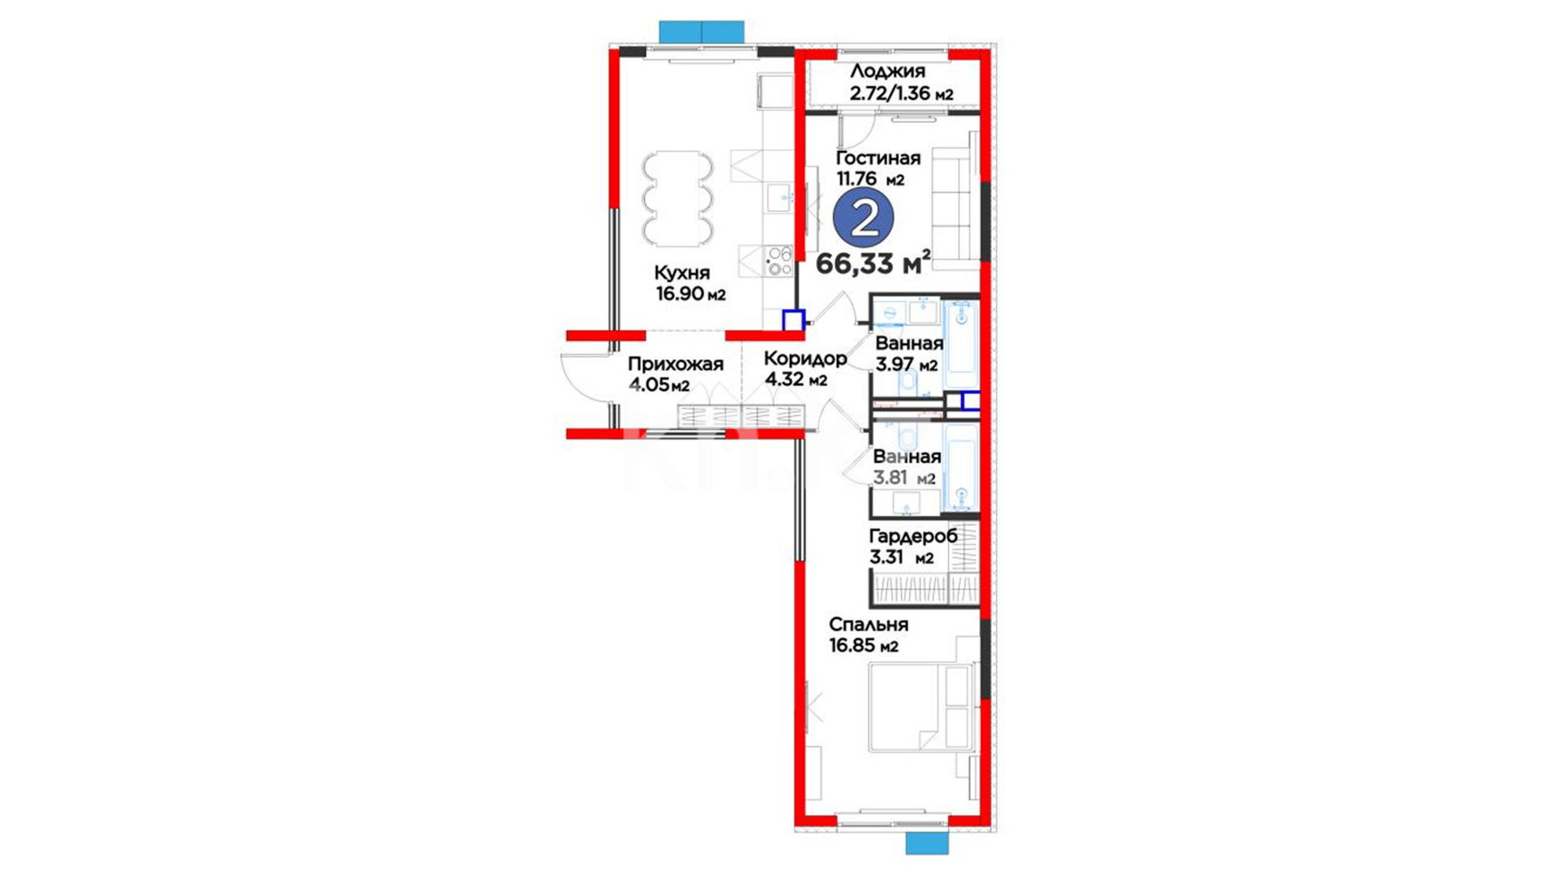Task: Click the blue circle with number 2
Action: [x=864, y=218]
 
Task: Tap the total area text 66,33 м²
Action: [x=873, y=263]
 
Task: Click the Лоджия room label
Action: [x=887, y=71]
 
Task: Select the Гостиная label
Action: [x=878, y=158]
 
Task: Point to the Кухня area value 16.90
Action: [x=680, y=294]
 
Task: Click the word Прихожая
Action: [x=676, y=365]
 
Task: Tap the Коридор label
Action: [x=805, y=358]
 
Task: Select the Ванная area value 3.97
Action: [x=894, y=364]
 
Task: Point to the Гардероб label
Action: [x=913, y=536]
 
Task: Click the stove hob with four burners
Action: [x=212, y=260]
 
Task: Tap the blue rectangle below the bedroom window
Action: [x=927, y=843]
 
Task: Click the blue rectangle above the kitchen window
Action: [x=701, y=32]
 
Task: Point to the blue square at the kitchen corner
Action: [x=793, y=320]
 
